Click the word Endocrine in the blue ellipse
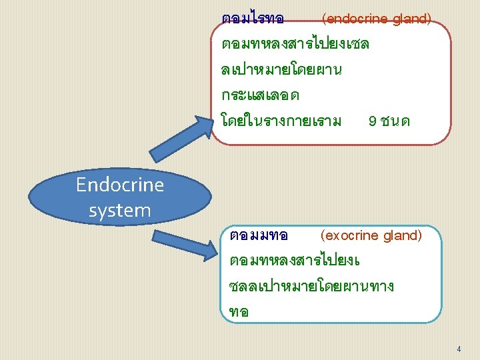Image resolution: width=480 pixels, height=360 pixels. coord(120,185)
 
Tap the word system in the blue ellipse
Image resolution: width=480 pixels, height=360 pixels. coord(120,211)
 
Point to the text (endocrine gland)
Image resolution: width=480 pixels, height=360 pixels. coord(376,19)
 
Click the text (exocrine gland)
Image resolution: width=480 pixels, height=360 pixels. coord(371,235)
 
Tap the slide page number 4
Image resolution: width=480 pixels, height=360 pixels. coord(459,349)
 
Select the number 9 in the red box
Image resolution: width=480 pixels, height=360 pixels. coord(371,121)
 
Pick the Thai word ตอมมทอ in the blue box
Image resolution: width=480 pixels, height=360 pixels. coord(258,236)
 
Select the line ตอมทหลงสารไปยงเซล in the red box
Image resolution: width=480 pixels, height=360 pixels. coord(295,45)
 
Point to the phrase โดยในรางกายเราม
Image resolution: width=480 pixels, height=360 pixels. coord(281,121)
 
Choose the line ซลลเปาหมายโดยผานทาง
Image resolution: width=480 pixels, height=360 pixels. coord(311,287)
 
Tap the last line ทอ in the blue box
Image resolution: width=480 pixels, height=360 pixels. coord(239,312)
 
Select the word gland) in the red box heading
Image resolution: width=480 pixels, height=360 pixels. coord(411,19)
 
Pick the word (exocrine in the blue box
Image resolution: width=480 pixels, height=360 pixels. coord(347,235)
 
